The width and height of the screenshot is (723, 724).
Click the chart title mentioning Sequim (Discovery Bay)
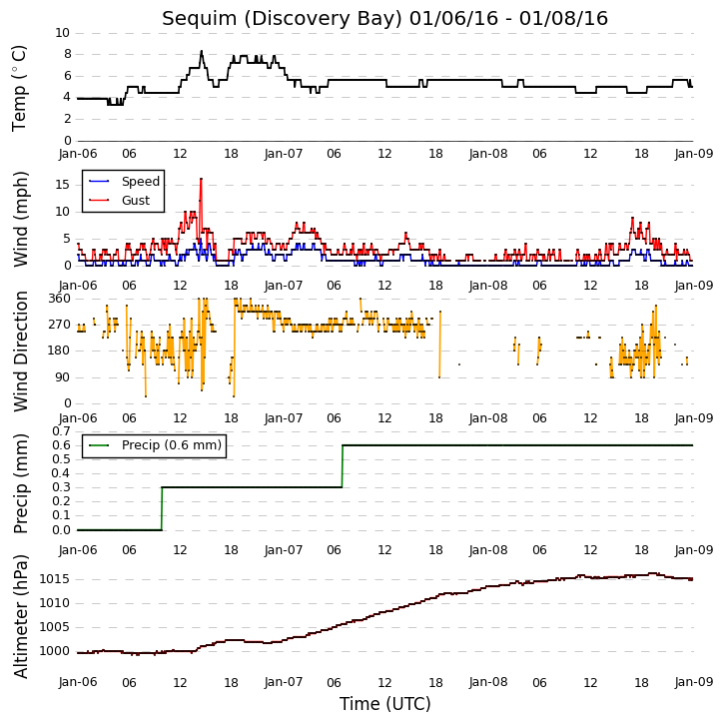coord(384,18)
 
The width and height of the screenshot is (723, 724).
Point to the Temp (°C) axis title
coord(19,88)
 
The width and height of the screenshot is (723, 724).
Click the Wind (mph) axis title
coord(20,219)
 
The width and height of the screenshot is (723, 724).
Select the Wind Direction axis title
coord(20,352)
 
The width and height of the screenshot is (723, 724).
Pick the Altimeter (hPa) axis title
coord(20,616)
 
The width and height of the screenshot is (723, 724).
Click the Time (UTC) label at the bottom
coord(384,704)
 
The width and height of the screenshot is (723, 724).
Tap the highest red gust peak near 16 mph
coord(202,179)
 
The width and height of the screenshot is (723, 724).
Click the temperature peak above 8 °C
coord(202,51)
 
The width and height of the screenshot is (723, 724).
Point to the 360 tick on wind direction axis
coord(60,299)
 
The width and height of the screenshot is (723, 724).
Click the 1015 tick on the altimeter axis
coord(54,579)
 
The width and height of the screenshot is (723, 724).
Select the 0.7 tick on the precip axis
coord(61,431)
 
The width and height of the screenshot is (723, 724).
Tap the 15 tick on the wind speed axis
coord(62,185)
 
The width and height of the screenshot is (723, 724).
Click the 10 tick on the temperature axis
coord(62,33)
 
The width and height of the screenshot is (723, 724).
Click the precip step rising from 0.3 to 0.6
coord(343,466)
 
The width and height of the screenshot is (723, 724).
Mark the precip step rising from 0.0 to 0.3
coord(162,508)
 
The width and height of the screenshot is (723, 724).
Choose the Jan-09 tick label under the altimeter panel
coord(693,682)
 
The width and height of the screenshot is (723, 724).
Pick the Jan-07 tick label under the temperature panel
coord(284,154)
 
